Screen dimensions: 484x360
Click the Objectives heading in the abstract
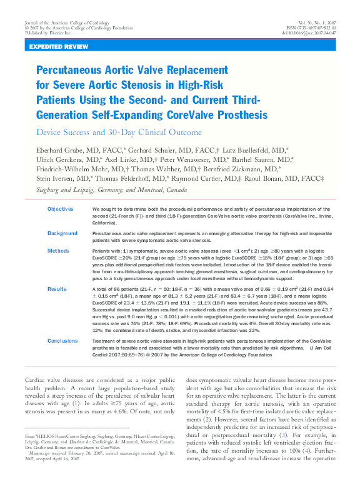pos(60,208)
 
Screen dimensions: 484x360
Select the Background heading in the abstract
pos(62,233)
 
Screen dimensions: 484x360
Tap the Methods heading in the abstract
pos(57,250)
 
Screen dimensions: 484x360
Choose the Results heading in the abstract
pos(57,289)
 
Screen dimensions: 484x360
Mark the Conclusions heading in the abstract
pos(62,341)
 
